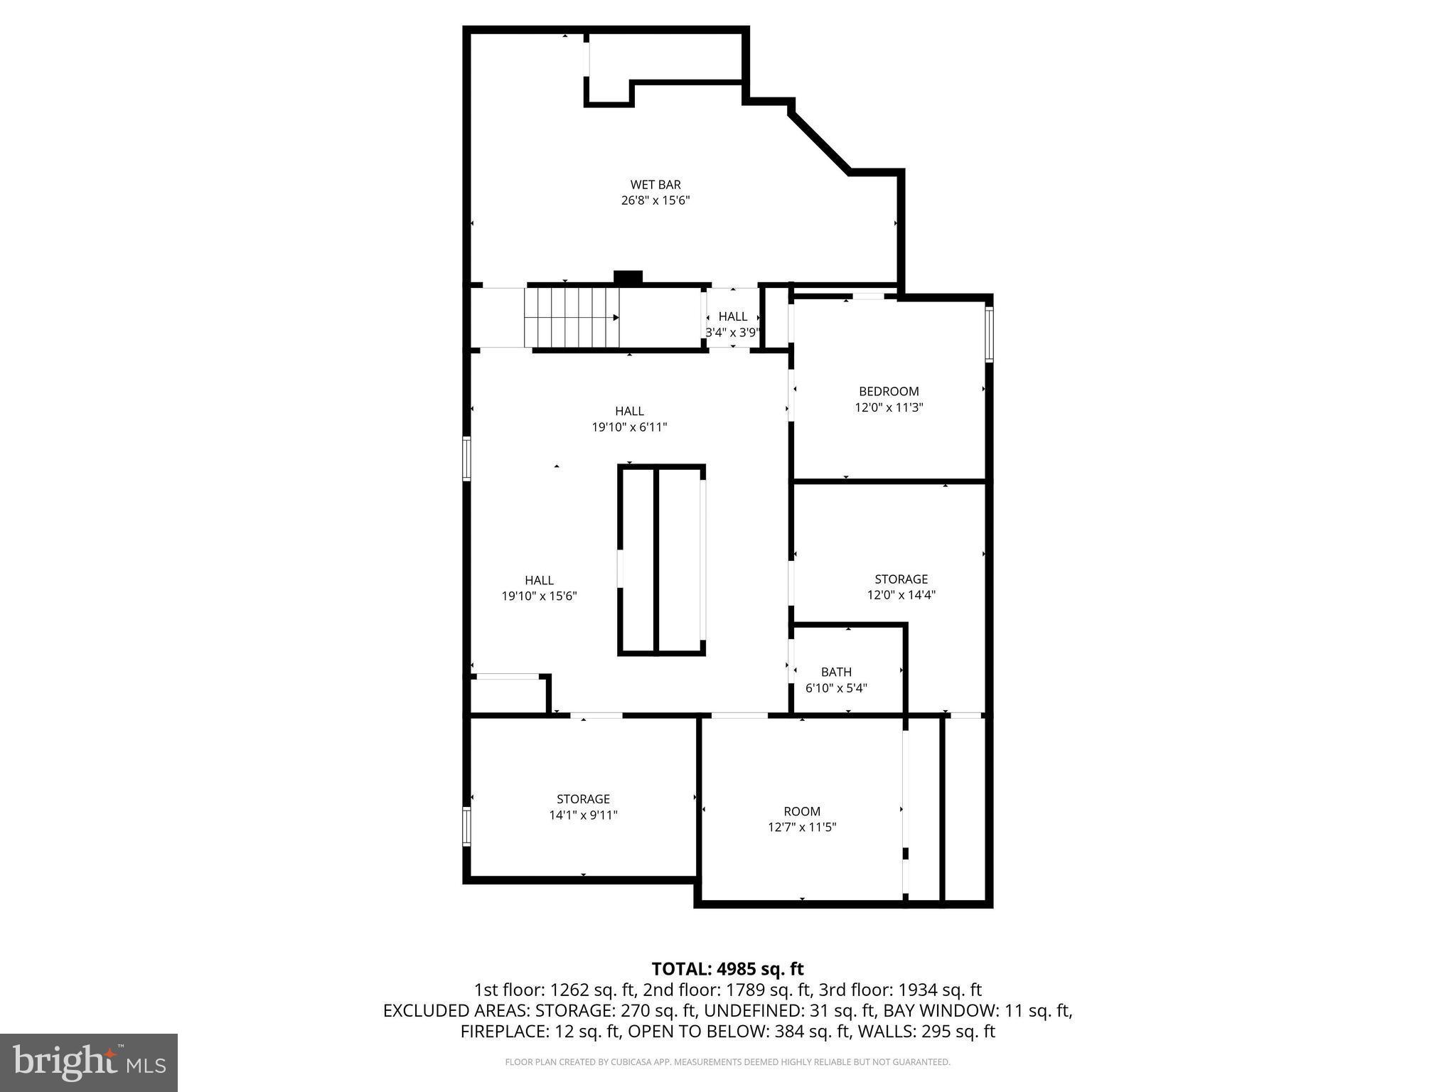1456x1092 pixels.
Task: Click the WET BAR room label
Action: point(655,185)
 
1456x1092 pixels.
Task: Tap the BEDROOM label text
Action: point(888,391)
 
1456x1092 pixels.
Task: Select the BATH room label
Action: point(836,672)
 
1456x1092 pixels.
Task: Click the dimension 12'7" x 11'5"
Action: point(801,827)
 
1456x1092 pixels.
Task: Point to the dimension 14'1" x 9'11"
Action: point(583,815)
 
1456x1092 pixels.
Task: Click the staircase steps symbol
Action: point(572,318)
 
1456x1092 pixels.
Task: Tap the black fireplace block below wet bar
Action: point(628,277)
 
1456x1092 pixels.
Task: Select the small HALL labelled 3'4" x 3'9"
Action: point(732,316)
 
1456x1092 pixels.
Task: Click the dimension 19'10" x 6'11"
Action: point(629,427)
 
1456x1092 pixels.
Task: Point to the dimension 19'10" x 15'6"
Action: point(539,596)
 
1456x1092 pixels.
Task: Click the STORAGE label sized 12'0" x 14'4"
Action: point(901,579)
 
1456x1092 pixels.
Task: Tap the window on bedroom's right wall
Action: point(989,334)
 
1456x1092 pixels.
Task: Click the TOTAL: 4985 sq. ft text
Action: point(727,968)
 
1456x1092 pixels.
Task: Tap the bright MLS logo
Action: point(89,1062)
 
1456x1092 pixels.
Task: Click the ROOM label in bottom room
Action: point(801,811)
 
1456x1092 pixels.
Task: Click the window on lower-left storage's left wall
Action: point(467,826)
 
